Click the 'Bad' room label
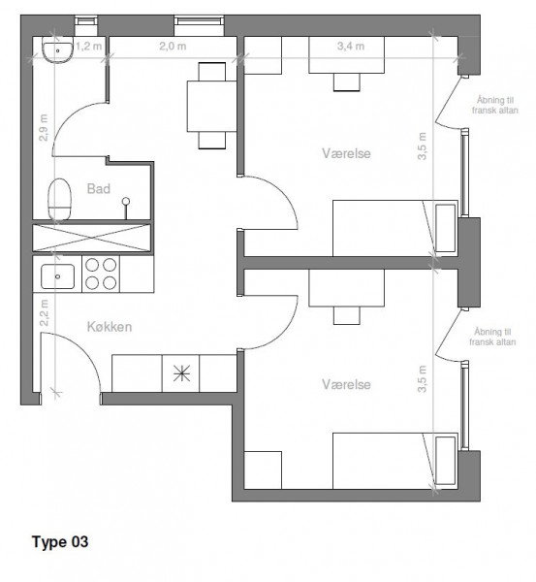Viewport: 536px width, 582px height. pyautogui.click(x=99, y=188)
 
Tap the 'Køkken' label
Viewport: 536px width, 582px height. pyautogui.click(x=110, y=327)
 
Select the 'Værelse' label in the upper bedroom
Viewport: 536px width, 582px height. pyautogui.click(x=346, y=153)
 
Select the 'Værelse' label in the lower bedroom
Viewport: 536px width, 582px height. pyautogui.click(x=346, y=384)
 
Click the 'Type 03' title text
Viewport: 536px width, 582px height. pyautogui.click(x=60, y=541)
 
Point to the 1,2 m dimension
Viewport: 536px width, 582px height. pyautogui.click(x=89, y=47)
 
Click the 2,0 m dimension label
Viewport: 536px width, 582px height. pyautogui.click(x=173, y=47)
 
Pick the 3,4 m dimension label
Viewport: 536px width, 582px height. pyautogui.click(x=351, y=46)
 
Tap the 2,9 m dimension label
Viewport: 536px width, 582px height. pyautogui.click(x=44, y=127)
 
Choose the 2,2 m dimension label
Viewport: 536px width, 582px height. pyautogui.click(x=45, y=313)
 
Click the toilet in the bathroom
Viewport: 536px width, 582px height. pyautogui.click(x=59, y=199)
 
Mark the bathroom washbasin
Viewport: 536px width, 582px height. pyautogui.click(x=57, y=50)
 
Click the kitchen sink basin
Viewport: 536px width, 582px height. pyautogui.click(x=57, y=276)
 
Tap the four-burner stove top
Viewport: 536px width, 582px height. pyautogui.click(x=101, y=274)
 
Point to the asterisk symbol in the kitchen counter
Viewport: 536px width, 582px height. pyautogui.click(x=182, y=373)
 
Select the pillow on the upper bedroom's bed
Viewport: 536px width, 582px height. pyautogui.click(x=445, y=228)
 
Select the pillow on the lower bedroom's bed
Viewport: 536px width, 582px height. pyautogui.click(x=445, y=461)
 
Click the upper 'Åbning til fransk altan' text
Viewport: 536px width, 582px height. pyautogui.click(x=495, y=105)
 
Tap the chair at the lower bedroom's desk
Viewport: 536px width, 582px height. pyautogui.click(x=346, y=315)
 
